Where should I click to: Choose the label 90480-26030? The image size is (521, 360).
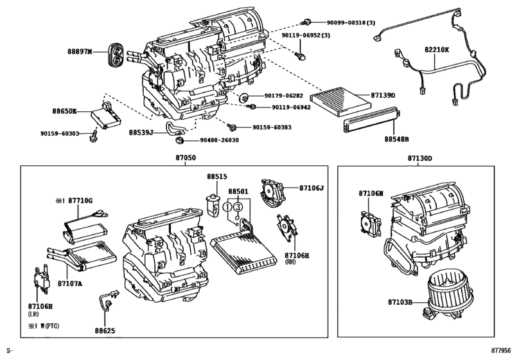click(219, 140)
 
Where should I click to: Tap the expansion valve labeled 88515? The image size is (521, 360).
click(211, 201)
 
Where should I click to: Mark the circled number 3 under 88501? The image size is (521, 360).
click(238, 207)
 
